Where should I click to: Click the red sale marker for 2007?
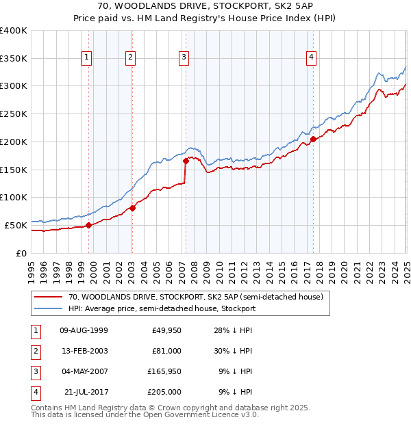(x=186, y=161)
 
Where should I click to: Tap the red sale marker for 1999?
(x=88, y=225)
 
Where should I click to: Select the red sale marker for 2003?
(x=132, y=208)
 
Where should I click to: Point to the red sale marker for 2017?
(x=313, y=140)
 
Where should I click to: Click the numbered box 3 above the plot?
(x=184, y=58)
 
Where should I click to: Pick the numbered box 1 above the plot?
(x=88, y=58)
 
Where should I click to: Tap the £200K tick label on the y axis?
(x=14, y=142)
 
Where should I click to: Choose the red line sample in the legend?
(x=50, y=297)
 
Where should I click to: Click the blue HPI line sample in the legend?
(x=50, y=308)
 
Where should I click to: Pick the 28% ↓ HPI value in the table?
(x=233, y=330)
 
